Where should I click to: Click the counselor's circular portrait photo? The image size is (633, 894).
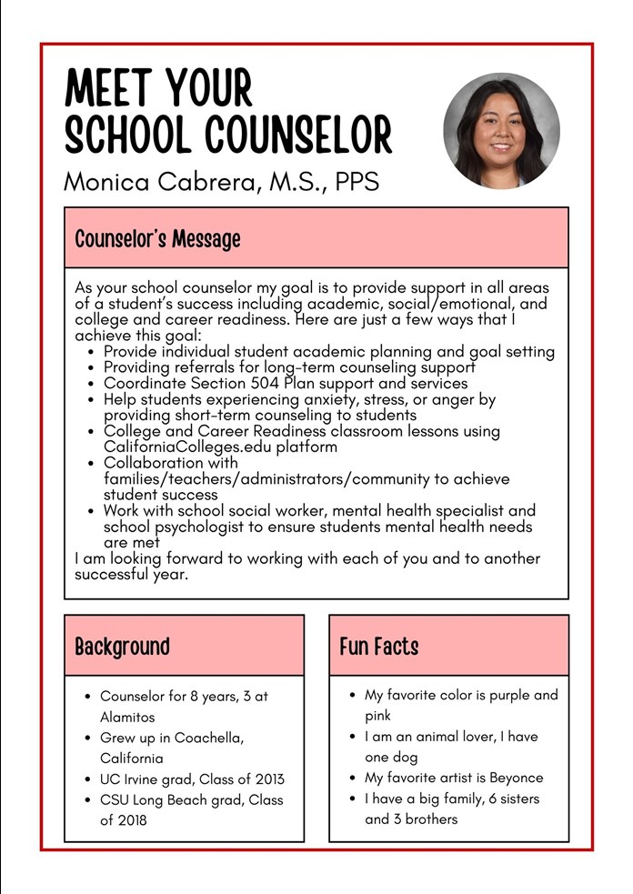pos(501,130)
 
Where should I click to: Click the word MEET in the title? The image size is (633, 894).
pos(106,90)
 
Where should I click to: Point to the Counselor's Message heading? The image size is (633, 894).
pos(157,239)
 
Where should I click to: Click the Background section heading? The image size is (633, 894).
pos(122,647)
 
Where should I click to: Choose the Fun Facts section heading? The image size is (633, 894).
pos(378,647)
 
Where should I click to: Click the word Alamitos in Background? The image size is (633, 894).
pos(127,717)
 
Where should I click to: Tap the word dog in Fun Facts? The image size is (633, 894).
pos(410,757)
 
